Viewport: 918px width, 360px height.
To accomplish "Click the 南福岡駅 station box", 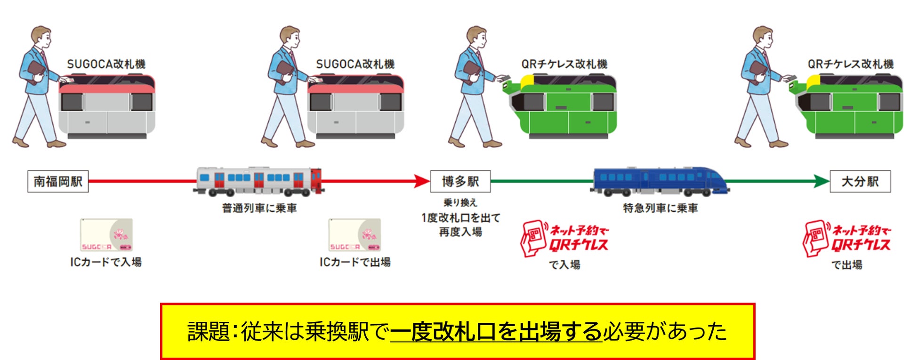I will pyautogui.click(x=58, y=182).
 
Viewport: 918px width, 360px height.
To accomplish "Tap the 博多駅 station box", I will pyautogui.click(x=460, y=182).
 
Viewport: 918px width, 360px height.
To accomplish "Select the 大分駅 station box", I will pyautogui.click(x=860, y=182).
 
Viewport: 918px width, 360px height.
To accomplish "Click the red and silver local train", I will pyautogui.click(x=258, y=181).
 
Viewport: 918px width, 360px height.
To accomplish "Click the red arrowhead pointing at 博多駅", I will pyautogui.click(x=421, y=181).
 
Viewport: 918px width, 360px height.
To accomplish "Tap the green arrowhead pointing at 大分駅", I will pyautogui.click(x=821, y=181).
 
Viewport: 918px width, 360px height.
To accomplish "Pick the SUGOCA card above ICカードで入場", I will pyautogui.click(x=106, y=235).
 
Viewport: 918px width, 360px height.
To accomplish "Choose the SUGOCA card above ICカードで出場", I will pyautogui.click(x=354, y=235).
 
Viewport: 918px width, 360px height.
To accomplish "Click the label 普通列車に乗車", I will pyautogui.click(x=259, y=208).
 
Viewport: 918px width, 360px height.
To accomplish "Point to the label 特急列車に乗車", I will pyautogui.click(x=660, y=208).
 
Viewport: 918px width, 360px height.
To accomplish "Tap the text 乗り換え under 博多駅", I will pyautogui.click(x=460, y=203).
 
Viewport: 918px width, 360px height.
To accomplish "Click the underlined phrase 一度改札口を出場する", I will pyautogui.click(x=496, y=332).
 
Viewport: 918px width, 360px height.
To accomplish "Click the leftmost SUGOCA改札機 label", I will pyautogui.click(x=106, y=64).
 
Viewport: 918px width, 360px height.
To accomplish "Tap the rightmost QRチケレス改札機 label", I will pyautogui.click(x=850, y=64).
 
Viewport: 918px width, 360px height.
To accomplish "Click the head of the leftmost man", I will pyautogui.click(x=41, y=36).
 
